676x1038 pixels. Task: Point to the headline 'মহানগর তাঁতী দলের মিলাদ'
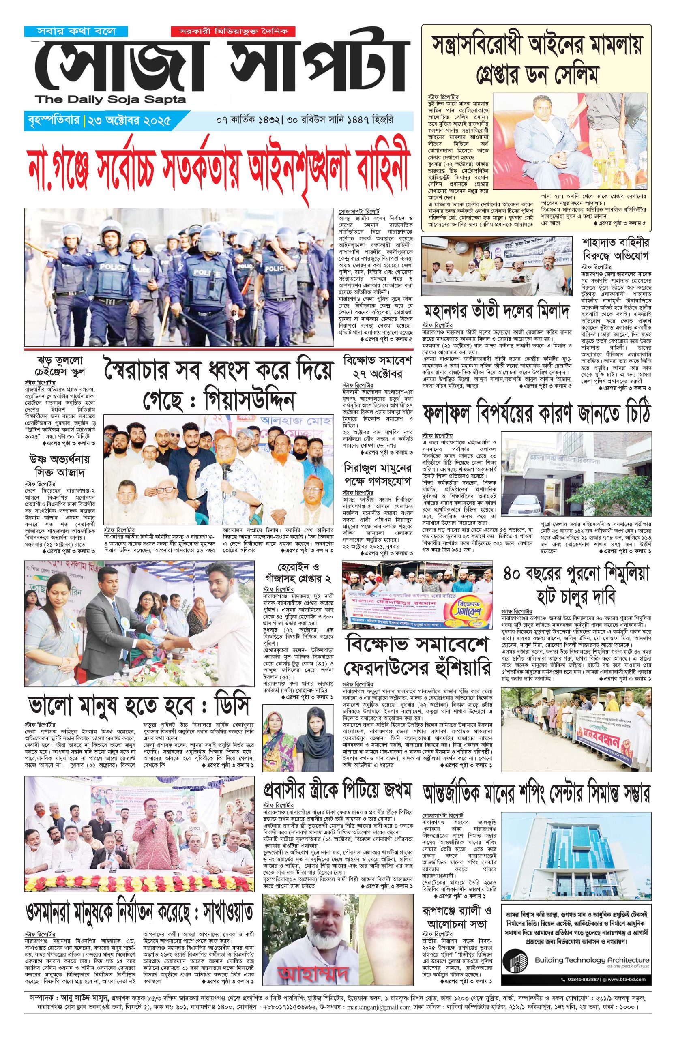click(497, 312)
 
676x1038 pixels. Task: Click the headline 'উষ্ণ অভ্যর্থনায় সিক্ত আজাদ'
click(60, 466)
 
